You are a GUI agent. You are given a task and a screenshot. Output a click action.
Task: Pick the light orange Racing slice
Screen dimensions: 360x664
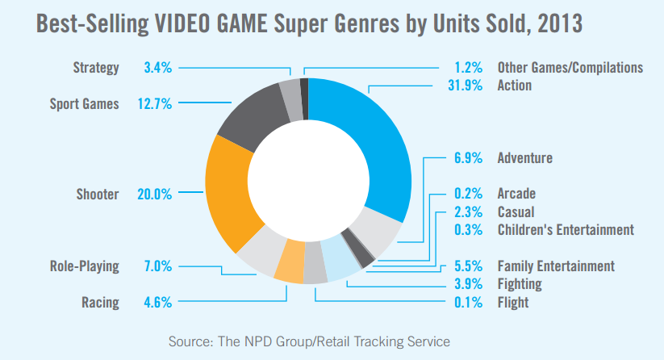(288, 270)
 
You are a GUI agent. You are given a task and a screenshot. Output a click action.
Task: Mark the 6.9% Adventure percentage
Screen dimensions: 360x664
(466, 157)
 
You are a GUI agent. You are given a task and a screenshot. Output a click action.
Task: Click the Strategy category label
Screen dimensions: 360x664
(96, 68)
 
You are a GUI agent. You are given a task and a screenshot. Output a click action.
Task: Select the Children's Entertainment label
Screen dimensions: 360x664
(566, 230)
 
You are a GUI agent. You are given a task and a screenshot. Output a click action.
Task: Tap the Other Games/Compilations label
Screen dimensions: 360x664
(570, 68)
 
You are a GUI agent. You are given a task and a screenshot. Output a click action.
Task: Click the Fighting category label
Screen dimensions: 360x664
(520, 284)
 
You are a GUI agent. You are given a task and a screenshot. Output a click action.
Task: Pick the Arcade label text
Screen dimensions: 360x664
(516, 194)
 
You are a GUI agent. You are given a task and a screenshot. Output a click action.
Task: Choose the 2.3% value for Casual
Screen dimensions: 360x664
(466, 211)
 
